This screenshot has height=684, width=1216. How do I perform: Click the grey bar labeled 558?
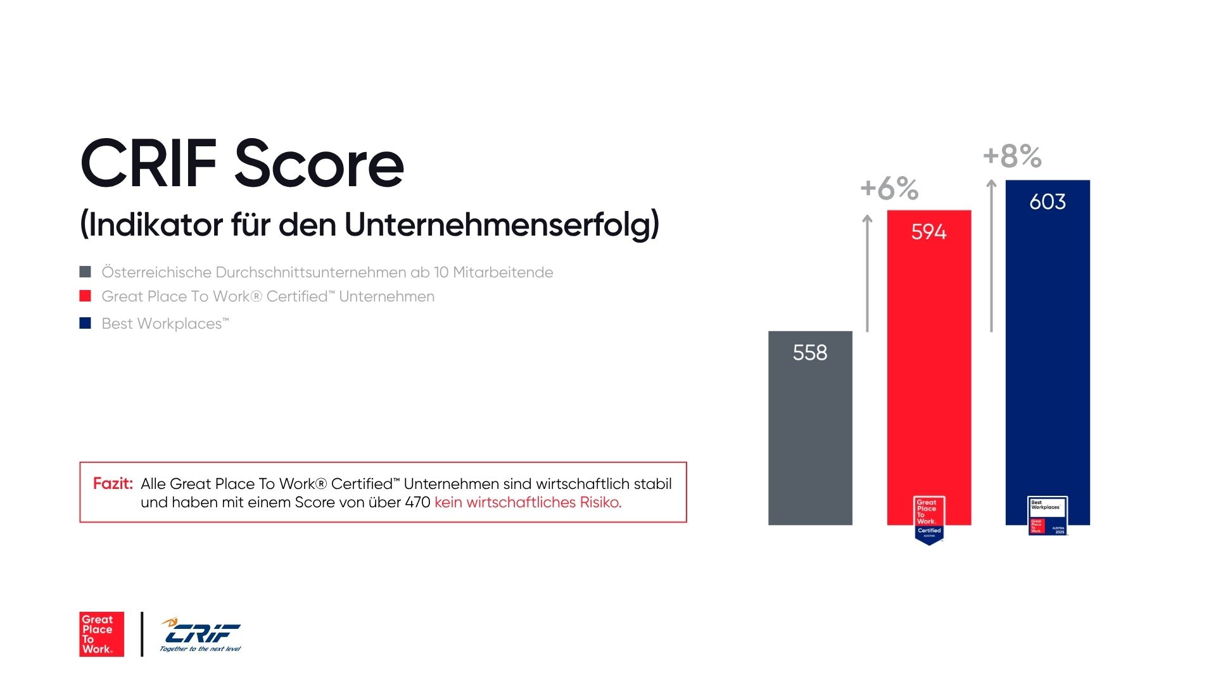click(x=810, y=437)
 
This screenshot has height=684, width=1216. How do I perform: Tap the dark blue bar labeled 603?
click(x=1048, y=355)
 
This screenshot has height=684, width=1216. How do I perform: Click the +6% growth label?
click(x=889, y=189)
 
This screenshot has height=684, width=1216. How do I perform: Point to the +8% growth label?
click(x=1012, y=156)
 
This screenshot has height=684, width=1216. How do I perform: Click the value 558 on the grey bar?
click(x=810, y=353)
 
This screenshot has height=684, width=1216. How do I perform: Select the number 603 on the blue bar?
click(x=1048, y=202)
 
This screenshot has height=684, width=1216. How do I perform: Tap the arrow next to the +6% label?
click(x=868, y=272)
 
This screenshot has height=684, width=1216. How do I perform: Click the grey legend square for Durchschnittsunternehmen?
click(x=85, y=272)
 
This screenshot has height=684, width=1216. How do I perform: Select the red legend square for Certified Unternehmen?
click(x=85, y=296)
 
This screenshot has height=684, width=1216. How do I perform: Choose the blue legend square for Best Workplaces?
click(x=85, y=323)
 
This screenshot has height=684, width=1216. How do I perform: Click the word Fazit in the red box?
click(x=113, y=484)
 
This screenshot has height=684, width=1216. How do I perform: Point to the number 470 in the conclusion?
click(x=417, y=503)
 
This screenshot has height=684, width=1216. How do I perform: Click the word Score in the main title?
click(x=319, y=164)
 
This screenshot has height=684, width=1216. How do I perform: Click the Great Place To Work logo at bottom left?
click(x=101, y=634)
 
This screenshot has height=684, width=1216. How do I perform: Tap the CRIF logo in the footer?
click(x=201, y=634)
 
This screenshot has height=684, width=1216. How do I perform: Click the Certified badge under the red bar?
click(x=929, y=519)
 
